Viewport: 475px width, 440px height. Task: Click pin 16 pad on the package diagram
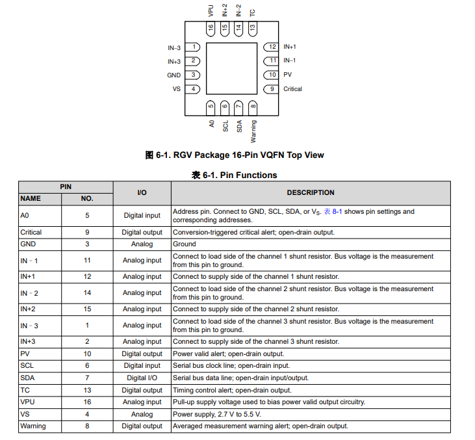click(211, 29)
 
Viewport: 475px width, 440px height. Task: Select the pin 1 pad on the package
click(193, 47)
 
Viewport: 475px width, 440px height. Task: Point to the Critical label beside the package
click(292, 89)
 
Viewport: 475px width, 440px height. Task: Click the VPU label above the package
click(211, 10)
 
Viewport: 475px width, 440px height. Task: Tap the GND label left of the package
click(173, 75)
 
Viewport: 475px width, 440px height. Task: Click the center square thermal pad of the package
click(232, 68)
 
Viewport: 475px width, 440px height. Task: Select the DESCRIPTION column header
click(311, 192)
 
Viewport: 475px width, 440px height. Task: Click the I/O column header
click(142, 192)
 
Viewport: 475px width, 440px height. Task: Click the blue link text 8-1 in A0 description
click(337, 211)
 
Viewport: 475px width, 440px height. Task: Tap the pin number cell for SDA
click(87, 378)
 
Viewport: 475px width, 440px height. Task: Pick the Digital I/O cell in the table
click(142, 378)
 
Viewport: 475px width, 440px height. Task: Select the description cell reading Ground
click(185, 244)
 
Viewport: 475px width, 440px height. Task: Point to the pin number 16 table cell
click(87, 402)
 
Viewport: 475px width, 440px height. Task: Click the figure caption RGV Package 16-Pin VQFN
click(235, 155)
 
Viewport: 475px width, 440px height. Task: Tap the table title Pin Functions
click(235, 175)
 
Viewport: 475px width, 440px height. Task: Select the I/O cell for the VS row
click(142, 414)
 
